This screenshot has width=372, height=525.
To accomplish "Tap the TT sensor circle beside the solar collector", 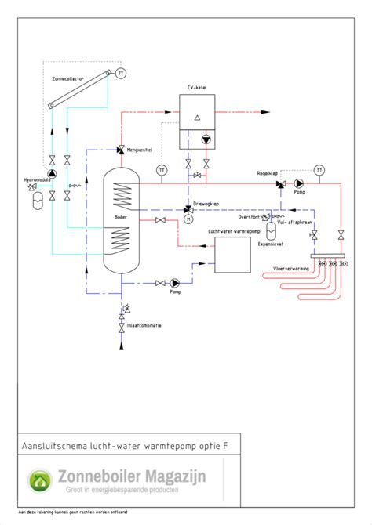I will click(x=121, y=73).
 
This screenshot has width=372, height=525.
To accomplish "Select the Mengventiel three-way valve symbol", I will click(x=120, y=150).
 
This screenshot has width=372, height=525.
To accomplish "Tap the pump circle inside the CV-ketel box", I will click(x=206, y=139).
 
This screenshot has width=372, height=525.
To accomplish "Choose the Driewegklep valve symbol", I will click(x=188, y=209).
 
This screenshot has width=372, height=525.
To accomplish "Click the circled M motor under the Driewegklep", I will click(x=188, y=220).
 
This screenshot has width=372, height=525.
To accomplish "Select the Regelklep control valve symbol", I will click(x=280, y=185).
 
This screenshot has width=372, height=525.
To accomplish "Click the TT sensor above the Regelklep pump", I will click(x=319, y=169).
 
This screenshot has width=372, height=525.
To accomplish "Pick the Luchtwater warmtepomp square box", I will click(x=233, y=255).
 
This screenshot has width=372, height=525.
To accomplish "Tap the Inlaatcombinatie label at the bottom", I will click(x=144, y=325).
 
